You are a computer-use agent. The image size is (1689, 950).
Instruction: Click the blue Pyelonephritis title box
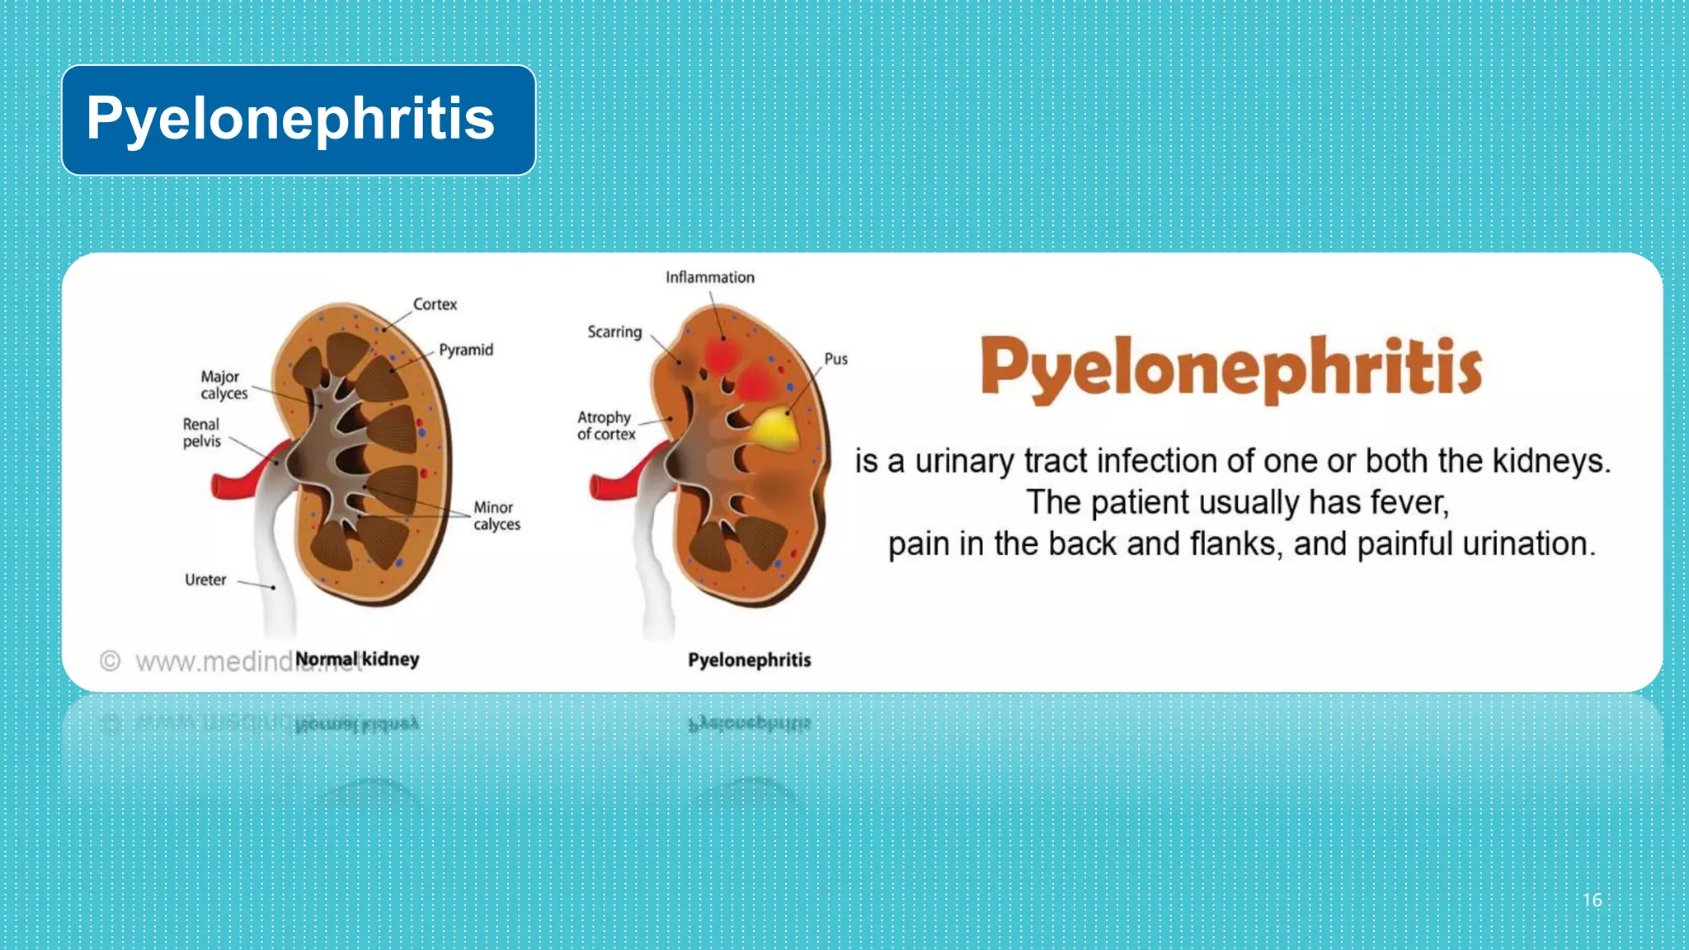(298, 120)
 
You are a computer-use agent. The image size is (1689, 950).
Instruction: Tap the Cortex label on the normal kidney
(435, 304)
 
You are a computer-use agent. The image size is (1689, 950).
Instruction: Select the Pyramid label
(466, 350)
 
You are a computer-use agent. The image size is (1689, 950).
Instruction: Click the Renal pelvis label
(202, 433)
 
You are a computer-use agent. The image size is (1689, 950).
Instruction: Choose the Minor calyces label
(496, 515)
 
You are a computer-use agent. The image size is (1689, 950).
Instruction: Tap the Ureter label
(205, 580)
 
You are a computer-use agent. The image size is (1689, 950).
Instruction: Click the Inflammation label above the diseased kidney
(710, 278)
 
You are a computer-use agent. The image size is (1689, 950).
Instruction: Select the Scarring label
(614, 332)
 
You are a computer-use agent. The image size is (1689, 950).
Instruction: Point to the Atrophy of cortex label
(606, 426)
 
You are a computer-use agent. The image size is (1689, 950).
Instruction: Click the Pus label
(835, 359)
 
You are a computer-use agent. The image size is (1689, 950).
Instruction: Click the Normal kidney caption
(357, 659)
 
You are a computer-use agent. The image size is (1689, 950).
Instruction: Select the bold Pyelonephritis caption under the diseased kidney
(749, 660)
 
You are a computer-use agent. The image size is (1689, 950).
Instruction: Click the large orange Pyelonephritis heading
(1230, 369)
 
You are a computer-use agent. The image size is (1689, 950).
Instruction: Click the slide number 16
(1592, 900)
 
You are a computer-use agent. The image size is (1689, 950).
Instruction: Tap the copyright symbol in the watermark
(110, 661)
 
